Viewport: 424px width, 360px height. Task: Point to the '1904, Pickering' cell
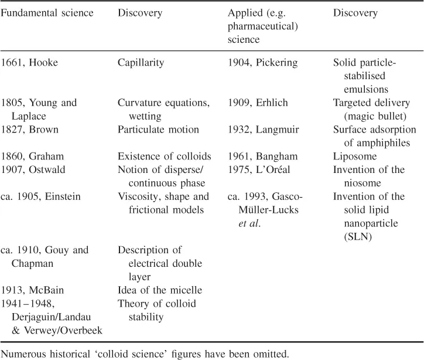pyautogui.click(x=263, y=63)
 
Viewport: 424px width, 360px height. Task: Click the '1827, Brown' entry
pyautogui.click(x=29, y=129)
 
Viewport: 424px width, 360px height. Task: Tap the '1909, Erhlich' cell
pyautogui.click(x=258, y=103)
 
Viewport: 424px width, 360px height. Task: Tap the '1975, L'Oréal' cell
pyautogui.click(x=258, y=169)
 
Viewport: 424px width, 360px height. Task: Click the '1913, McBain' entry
pyautogui.click(x=32, y=290)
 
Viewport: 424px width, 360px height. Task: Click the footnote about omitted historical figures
pyautogui.click(x=143, y=352)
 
